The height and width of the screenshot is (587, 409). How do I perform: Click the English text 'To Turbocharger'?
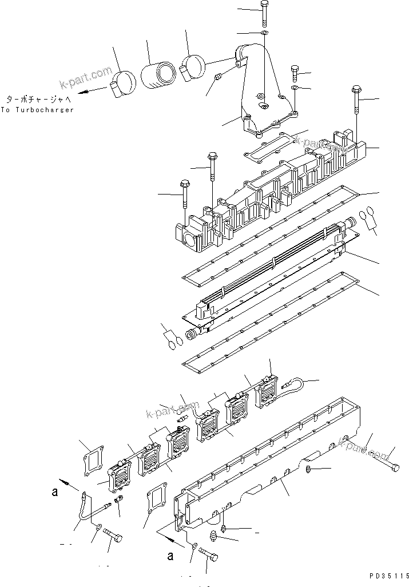tap(37, 109)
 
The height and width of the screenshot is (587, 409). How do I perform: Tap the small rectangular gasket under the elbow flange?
tap(270, 144)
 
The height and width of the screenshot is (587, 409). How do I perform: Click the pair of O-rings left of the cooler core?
tap(174, 342)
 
